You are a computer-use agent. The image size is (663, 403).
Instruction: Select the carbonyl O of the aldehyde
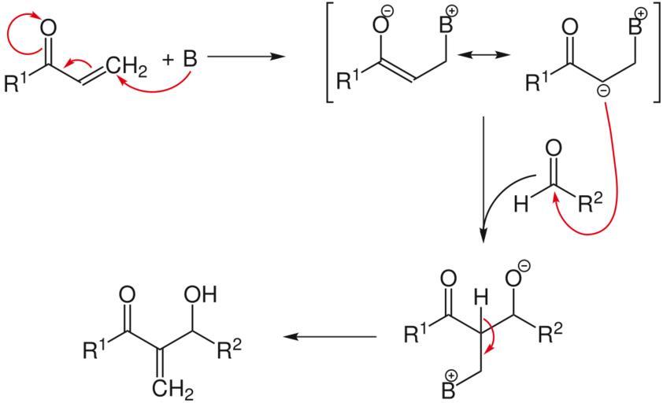click(x=554, y=147)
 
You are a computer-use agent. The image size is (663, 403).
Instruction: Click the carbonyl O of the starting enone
click(x=47, y=28)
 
